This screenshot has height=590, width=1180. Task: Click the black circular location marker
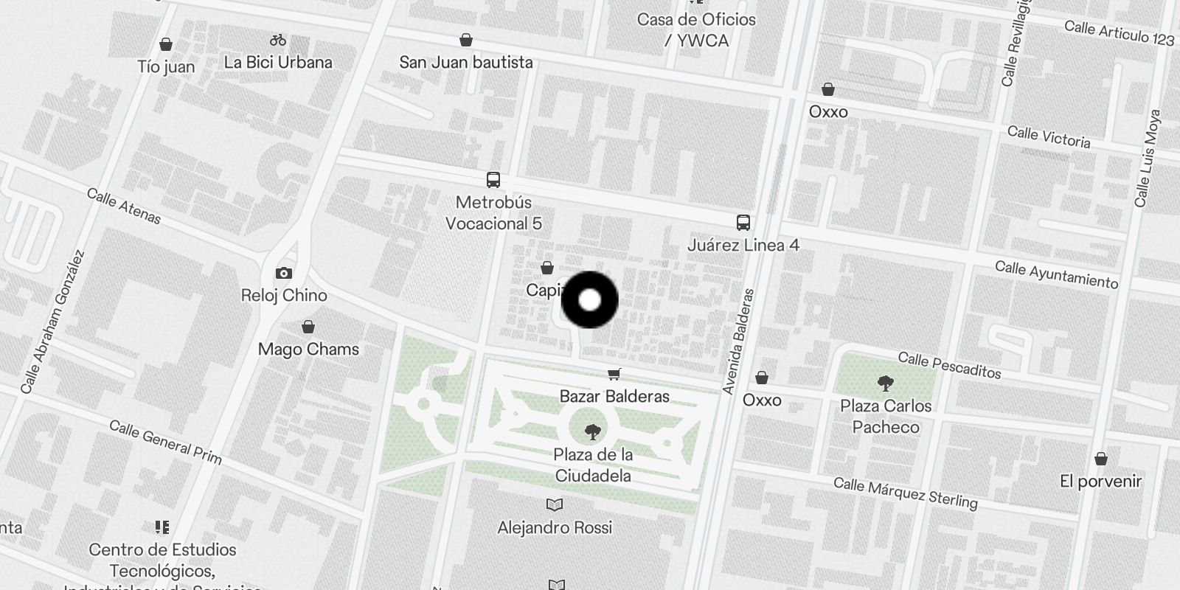(589, 300)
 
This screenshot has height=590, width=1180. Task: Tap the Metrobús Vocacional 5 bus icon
(493, 179)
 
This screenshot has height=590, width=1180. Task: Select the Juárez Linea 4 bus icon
(743, 222)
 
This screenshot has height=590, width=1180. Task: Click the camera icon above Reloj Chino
(284, 273)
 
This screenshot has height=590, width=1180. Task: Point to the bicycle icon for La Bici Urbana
(278, 40)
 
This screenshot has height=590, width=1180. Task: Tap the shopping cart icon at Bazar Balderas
(614, 374)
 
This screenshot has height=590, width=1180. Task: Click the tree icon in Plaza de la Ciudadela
(592, 432)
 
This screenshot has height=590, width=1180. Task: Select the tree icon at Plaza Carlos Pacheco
(886, 383)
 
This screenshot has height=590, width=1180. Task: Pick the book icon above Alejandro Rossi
(555, 505)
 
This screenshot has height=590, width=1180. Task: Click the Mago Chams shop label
(308, 349)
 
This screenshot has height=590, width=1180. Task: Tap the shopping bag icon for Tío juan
(167, 44)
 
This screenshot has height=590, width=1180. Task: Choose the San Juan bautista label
(466, 63)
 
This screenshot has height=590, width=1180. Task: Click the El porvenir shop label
(1100, 482)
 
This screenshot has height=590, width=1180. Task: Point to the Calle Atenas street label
(124, 206)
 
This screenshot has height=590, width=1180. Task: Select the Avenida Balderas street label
(739, 341)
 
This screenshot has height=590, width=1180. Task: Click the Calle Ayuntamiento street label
(1056, 275)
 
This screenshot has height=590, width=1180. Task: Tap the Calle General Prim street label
(165, 442)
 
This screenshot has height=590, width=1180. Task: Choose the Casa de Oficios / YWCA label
(696, 30)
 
